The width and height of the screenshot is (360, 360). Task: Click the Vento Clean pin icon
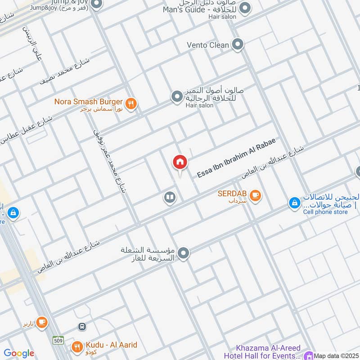coord(238,45)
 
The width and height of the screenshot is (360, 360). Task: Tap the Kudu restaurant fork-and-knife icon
coord(77,347)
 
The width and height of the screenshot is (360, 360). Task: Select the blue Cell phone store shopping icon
coord(294,203)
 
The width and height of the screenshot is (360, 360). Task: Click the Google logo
coord(18,354)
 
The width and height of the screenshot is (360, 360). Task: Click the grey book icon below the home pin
coord(170,198)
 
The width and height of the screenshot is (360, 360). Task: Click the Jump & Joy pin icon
coord(96,4)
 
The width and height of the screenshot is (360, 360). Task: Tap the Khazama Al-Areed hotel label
coord(269,351)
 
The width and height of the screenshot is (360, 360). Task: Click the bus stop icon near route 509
coord(82,326)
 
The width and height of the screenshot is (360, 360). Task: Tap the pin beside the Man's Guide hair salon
coord(245,8)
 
